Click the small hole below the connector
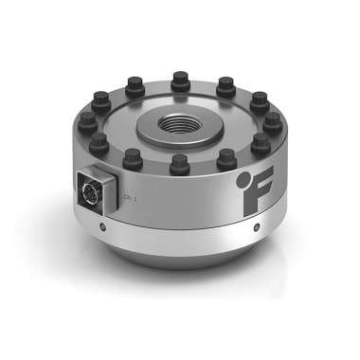pyautogui.click(x=101, y=227)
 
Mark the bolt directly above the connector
pyautogui.click(x=99, y=144)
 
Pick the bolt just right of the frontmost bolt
pyautogui.click(x=224, y=159)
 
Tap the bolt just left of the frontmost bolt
pyautogui.click(x=133, y=159)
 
